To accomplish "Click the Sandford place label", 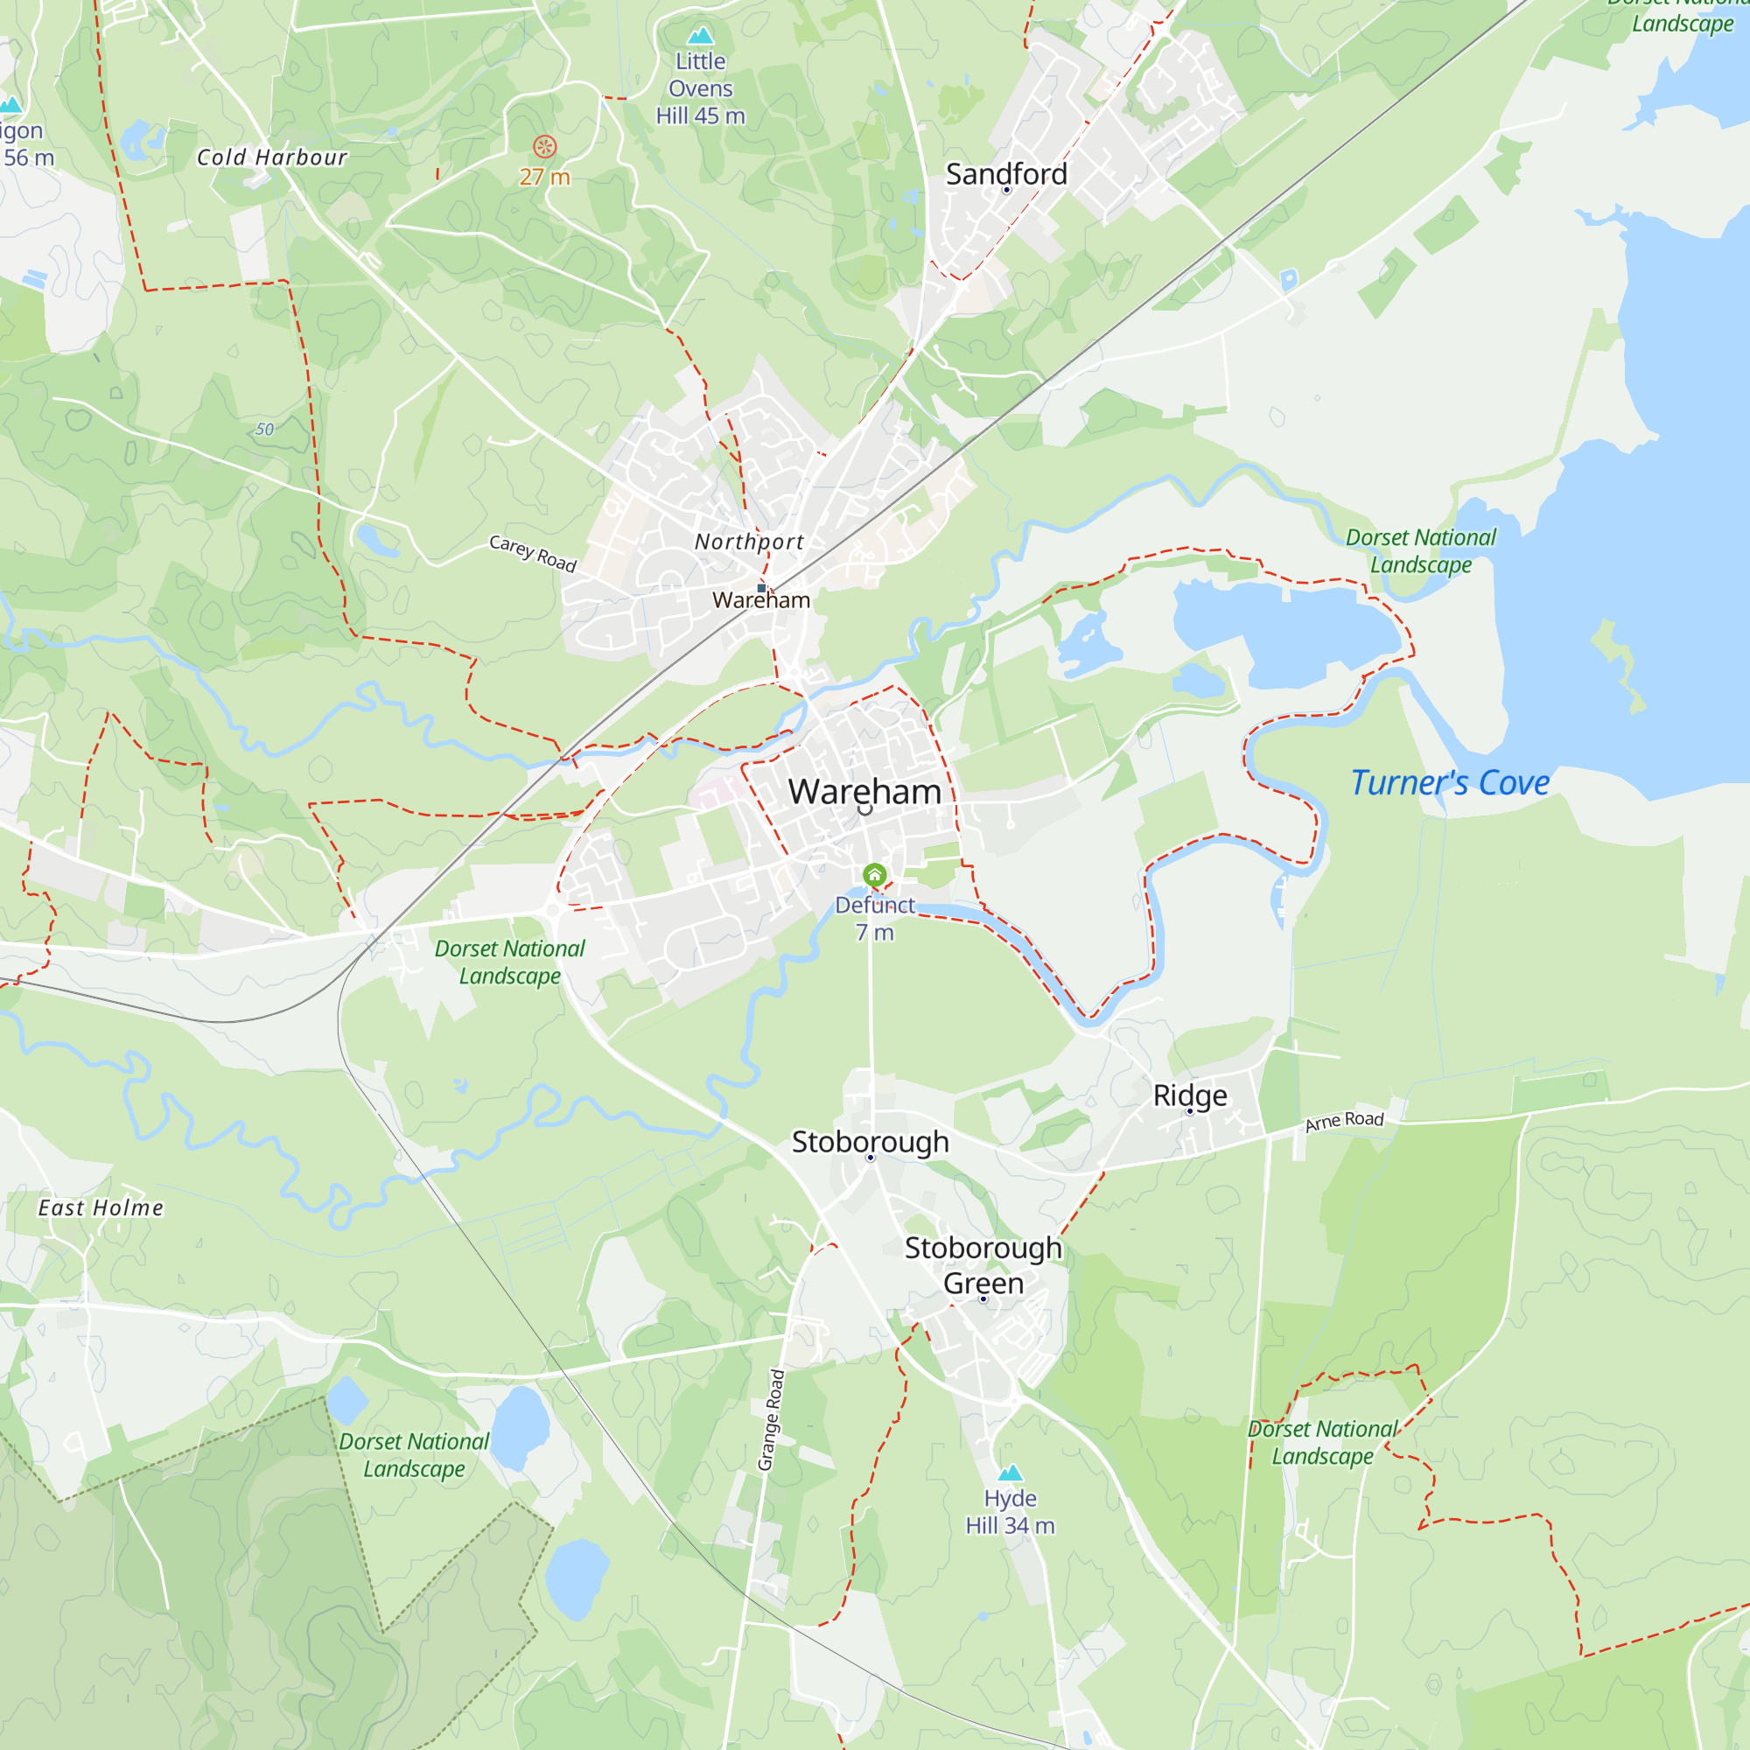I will pyautogui.click(x=1006, y=173).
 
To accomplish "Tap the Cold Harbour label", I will pyautogui.click(x=272, y=157).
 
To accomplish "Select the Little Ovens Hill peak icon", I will pyautogui.click(x=700, y=36).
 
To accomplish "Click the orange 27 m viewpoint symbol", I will pyautogui.click(x=544, y=147).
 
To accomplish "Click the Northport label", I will pyautogui.click(x=749, y=542).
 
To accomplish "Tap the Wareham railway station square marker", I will pyautogui.click(x=762, y=588).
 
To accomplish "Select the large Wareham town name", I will pyautogui.click(x=865, y=792).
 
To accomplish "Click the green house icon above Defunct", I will pyautogui.click(x=874, y=875).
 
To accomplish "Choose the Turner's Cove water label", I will pyautogui.click(x=1449, y=782).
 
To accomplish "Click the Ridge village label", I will pyautogui.click(x=1190, y=1095).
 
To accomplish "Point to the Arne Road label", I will pyautogui.click(x=1344, y=1121).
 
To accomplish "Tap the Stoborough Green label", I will pyautogui.click(x=983, y=1265).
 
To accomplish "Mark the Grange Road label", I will pyautogui.click(x=771, y=1419).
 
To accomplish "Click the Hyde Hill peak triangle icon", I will pyautogui.click(x=1010, y=1472).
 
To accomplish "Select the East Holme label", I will pyautogui.click(x=101, y=1208).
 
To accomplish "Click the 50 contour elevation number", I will pyautogui.click(x=263, y=430).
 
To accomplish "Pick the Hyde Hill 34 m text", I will pyautogui.click(x=1010, y=1512).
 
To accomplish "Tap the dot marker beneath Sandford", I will pyautogui.click(x=1006, y=190).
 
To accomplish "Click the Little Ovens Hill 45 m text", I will pyautogui.click(x=700, y=88).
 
